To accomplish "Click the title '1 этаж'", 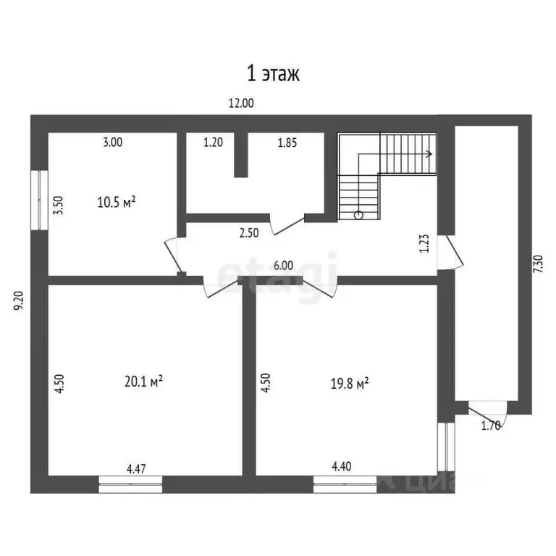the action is coord(273,74).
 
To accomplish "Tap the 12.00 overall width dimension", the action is coord(241,104).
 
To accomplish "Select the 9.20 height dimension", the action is coord(18,300).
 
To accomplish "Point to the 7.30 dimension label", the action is coord(538,264).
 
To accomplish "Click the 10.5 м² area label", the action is coord(117,202).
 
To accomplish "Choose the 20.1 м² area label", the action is coord(143,382).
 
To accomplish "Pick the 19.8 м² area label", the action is coord(350,383).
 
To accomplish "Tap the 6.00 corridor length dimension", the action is coord(283,266).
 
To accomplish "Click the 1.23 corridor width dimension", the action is coord(424,243).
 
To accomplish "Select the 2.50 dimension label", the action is coord(249,233).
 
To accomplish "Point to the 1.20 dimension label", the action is coord(213,142).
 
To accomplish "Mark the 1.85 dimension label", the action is coord(287,143).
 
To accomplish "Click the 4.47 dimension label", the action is coord(136,469).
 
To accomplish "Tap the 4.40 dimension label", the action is coord(342,466).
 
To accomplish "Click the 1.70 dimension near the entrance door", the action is coord(491,426).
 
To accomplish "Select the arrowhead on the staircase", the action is coord(429,154).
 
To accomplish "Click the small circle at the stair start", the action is coord(358,215).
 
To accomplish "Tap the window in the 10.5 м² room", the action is coord(39,200).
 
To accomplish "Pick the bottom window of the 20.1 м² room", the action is coord(130,484).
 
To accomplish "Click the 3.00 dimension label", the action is coord(113,142).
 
